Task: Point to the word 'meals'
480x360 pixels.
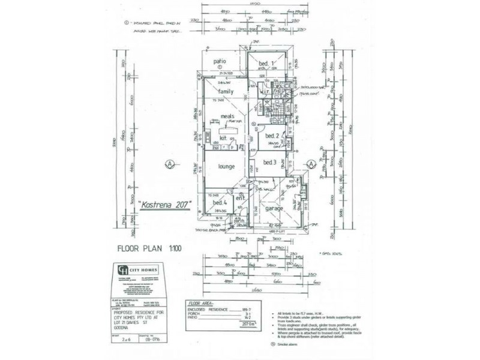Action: pyautogui.click(x=227, y=116)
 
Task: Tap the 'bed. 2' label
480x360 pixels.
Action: pyautogui.click(x=273, y=136)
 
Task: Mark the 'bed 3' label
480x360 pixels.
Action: pyautogui.click(x=269, y=163)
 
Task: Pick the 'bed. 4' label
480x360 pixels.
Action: pyautogui.click(x=219, y=203)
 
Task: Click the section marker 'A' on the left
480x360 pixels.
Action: pyautogui.click(x=170, y=163)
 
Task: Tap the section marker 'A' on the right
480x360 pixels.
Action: pyautogui.click(x=311, y=163)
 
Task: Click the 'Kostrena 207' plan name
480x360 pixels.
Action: pyautogui.click(x=165, y=204)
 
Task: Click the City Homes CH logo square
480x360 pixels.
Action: pyautogui.click(x=123, y=269)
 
